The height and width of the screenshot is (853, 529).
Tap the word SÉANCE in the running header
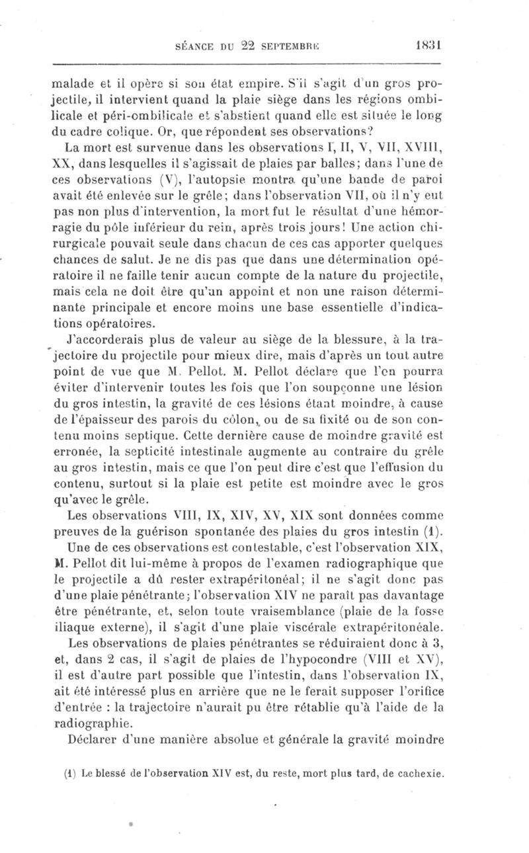191,48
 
